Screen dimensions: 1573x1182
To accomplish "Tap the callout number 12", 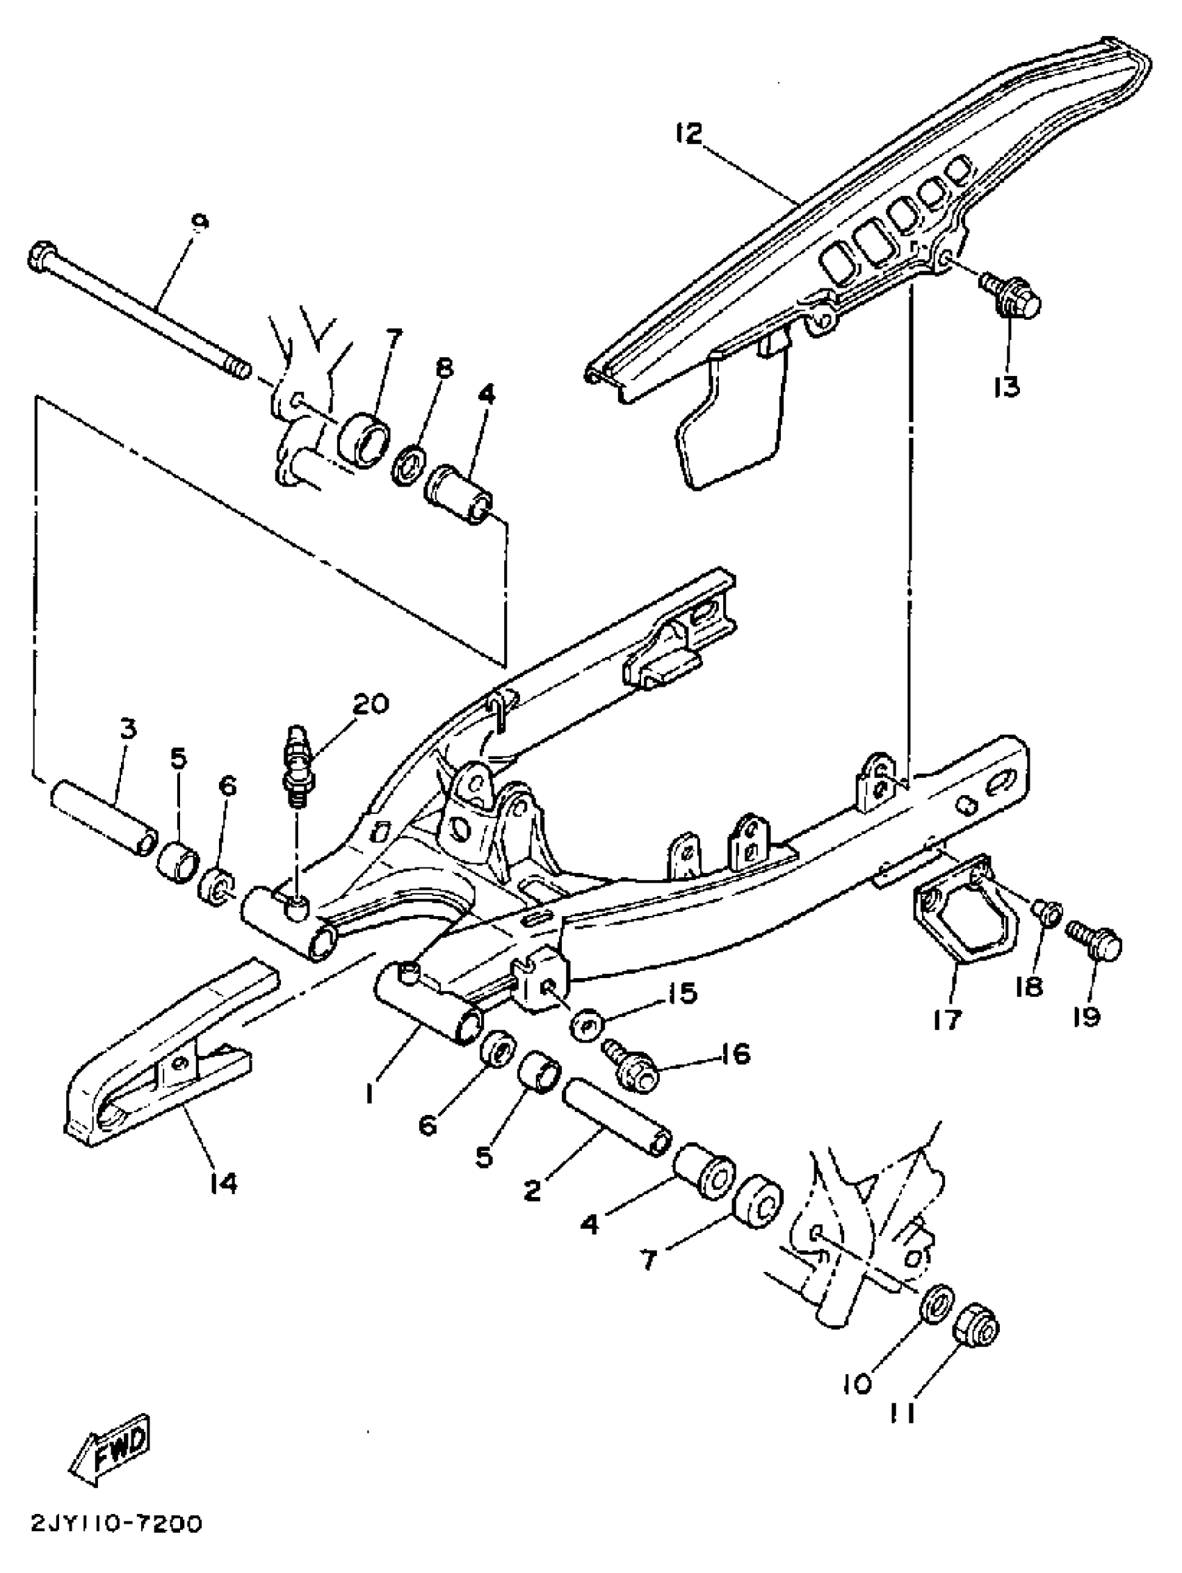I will click(x=688, y=134).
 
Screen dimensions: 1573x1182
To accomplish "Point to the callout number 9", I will click(x=200, y=222).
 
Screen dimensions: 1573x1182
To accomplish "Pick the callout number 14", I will click(x=223, y=1184).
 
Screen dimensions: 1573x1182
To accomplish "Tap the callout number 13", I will click(x=1005, y=387).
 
